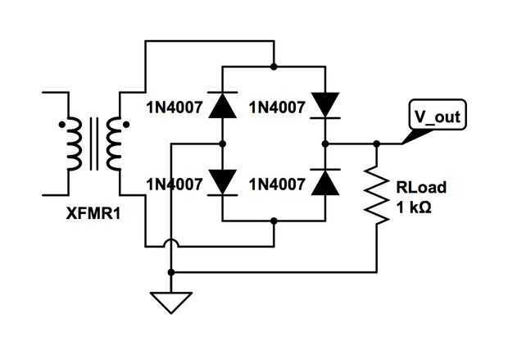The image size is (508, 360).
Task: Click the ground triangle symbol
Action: pyautogui.click(x=170, y=302)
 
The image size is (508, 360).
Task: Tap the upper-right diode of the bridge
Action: pyautogui.click(x=325, y=104)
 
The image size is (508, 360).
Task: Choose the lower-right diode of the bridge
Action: pyautogui.click(x=325, y=182)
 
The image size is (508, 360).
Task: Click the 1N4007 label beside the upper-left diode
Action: pyautogui.click(x=174, y=107)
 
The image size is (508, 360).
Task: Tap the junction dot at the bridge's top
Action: pyautogui.click(x=274, y=66)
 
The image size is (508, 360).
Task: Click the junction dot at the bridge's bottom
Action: pyautogui.click(x=274, y=220)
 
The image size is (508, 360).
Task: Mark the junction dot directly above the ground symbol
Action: pyautogui.click(x=170, y=271)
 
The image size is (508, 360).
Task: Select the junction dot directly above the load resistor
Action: pyautogui.click(x=377, y=144)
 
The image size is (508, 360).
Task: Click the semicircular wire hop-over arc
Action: pyautogui.click(x=170, y=244)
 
